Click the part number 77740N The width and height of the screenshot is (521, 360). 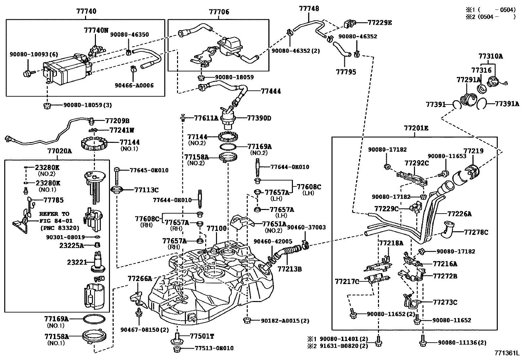[x=96, y=30]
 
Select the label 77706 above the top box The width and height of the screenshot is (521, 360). [x=219, y=12]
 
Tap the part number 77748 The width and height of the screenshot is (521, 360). [x=309, y=9]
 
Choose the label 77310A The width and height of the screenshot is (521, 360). [x=491, y=56]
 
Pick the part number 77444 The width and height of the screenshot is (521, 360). [x=271, y=91]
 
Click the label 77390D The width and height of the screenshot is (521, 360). [x=259, y=118]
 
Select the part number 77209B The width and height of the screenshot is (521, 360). [x=117, y=121]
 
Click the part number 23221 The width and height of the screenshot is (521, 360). [x=77, y=262]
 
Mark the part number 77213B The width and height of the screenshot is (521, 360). [x=290, y=269]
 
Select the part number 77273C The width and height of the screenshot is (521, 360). [x=445, y=302]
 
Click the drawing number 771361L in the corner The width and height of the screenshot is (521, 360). [x=507, y=353]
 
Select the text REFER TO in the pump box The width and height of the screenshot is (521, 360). [x=54, y=214]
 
